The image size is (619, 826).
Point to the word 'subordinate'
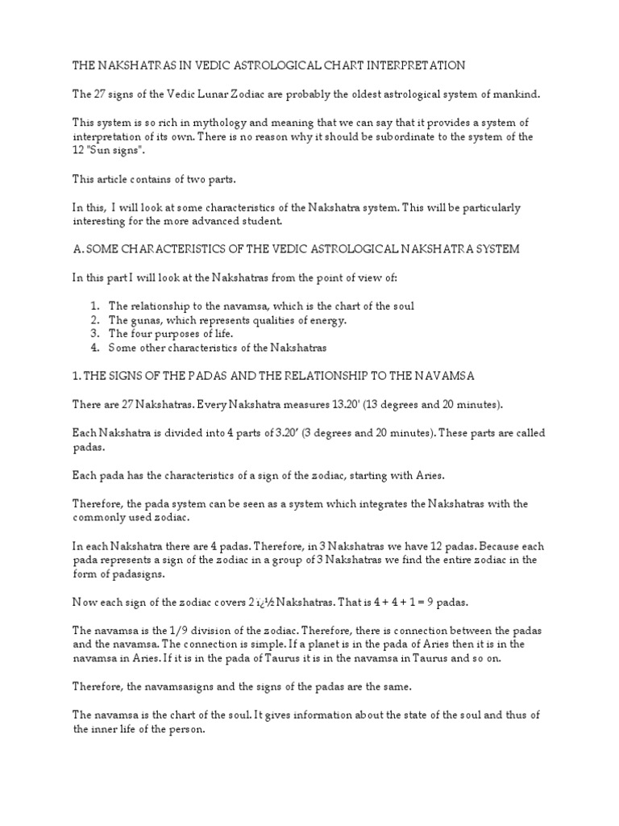coord(406,137)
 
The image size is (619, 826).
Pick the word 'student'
coord(262,221)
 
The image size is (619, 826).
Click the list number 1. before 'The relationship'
coord(95,307)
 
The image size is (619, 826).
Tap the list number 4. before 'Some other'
coord(95,348)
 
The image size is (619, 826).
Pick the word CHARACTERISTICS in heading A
coord(182,250)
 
